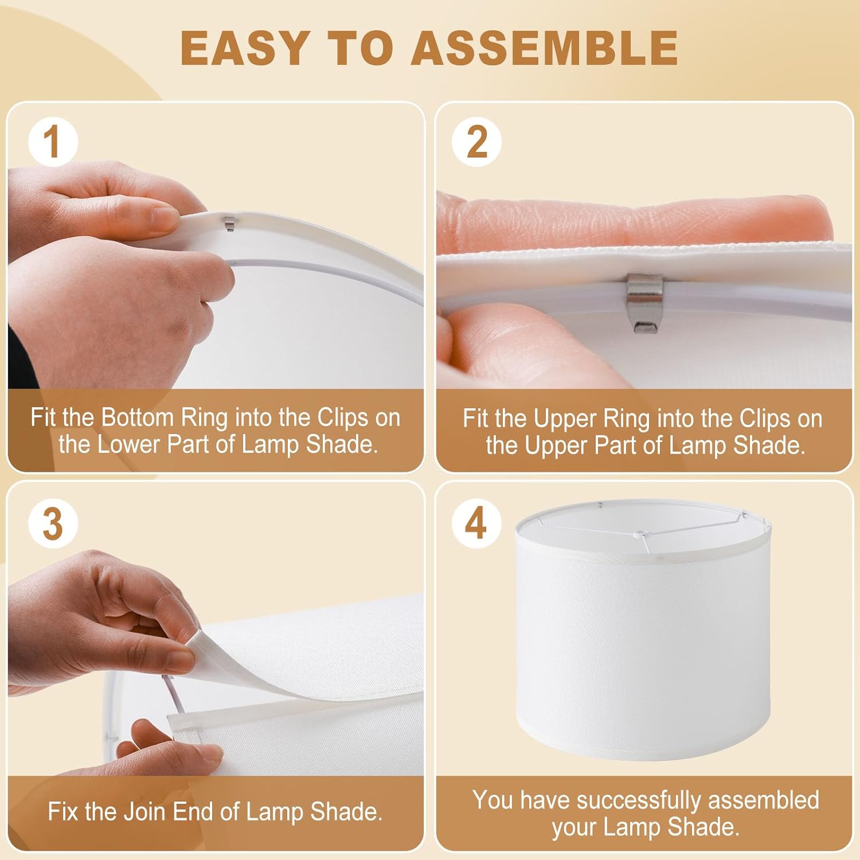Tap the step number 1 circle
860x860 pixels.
pos(53,142)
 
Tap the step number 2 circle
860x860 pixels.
pos(476,142)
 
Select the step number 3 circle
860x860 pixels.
pos(53,523)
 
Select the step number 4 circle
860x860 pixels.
pos(476,523)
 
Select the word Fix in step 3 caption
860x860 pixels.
pos(61,812)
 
